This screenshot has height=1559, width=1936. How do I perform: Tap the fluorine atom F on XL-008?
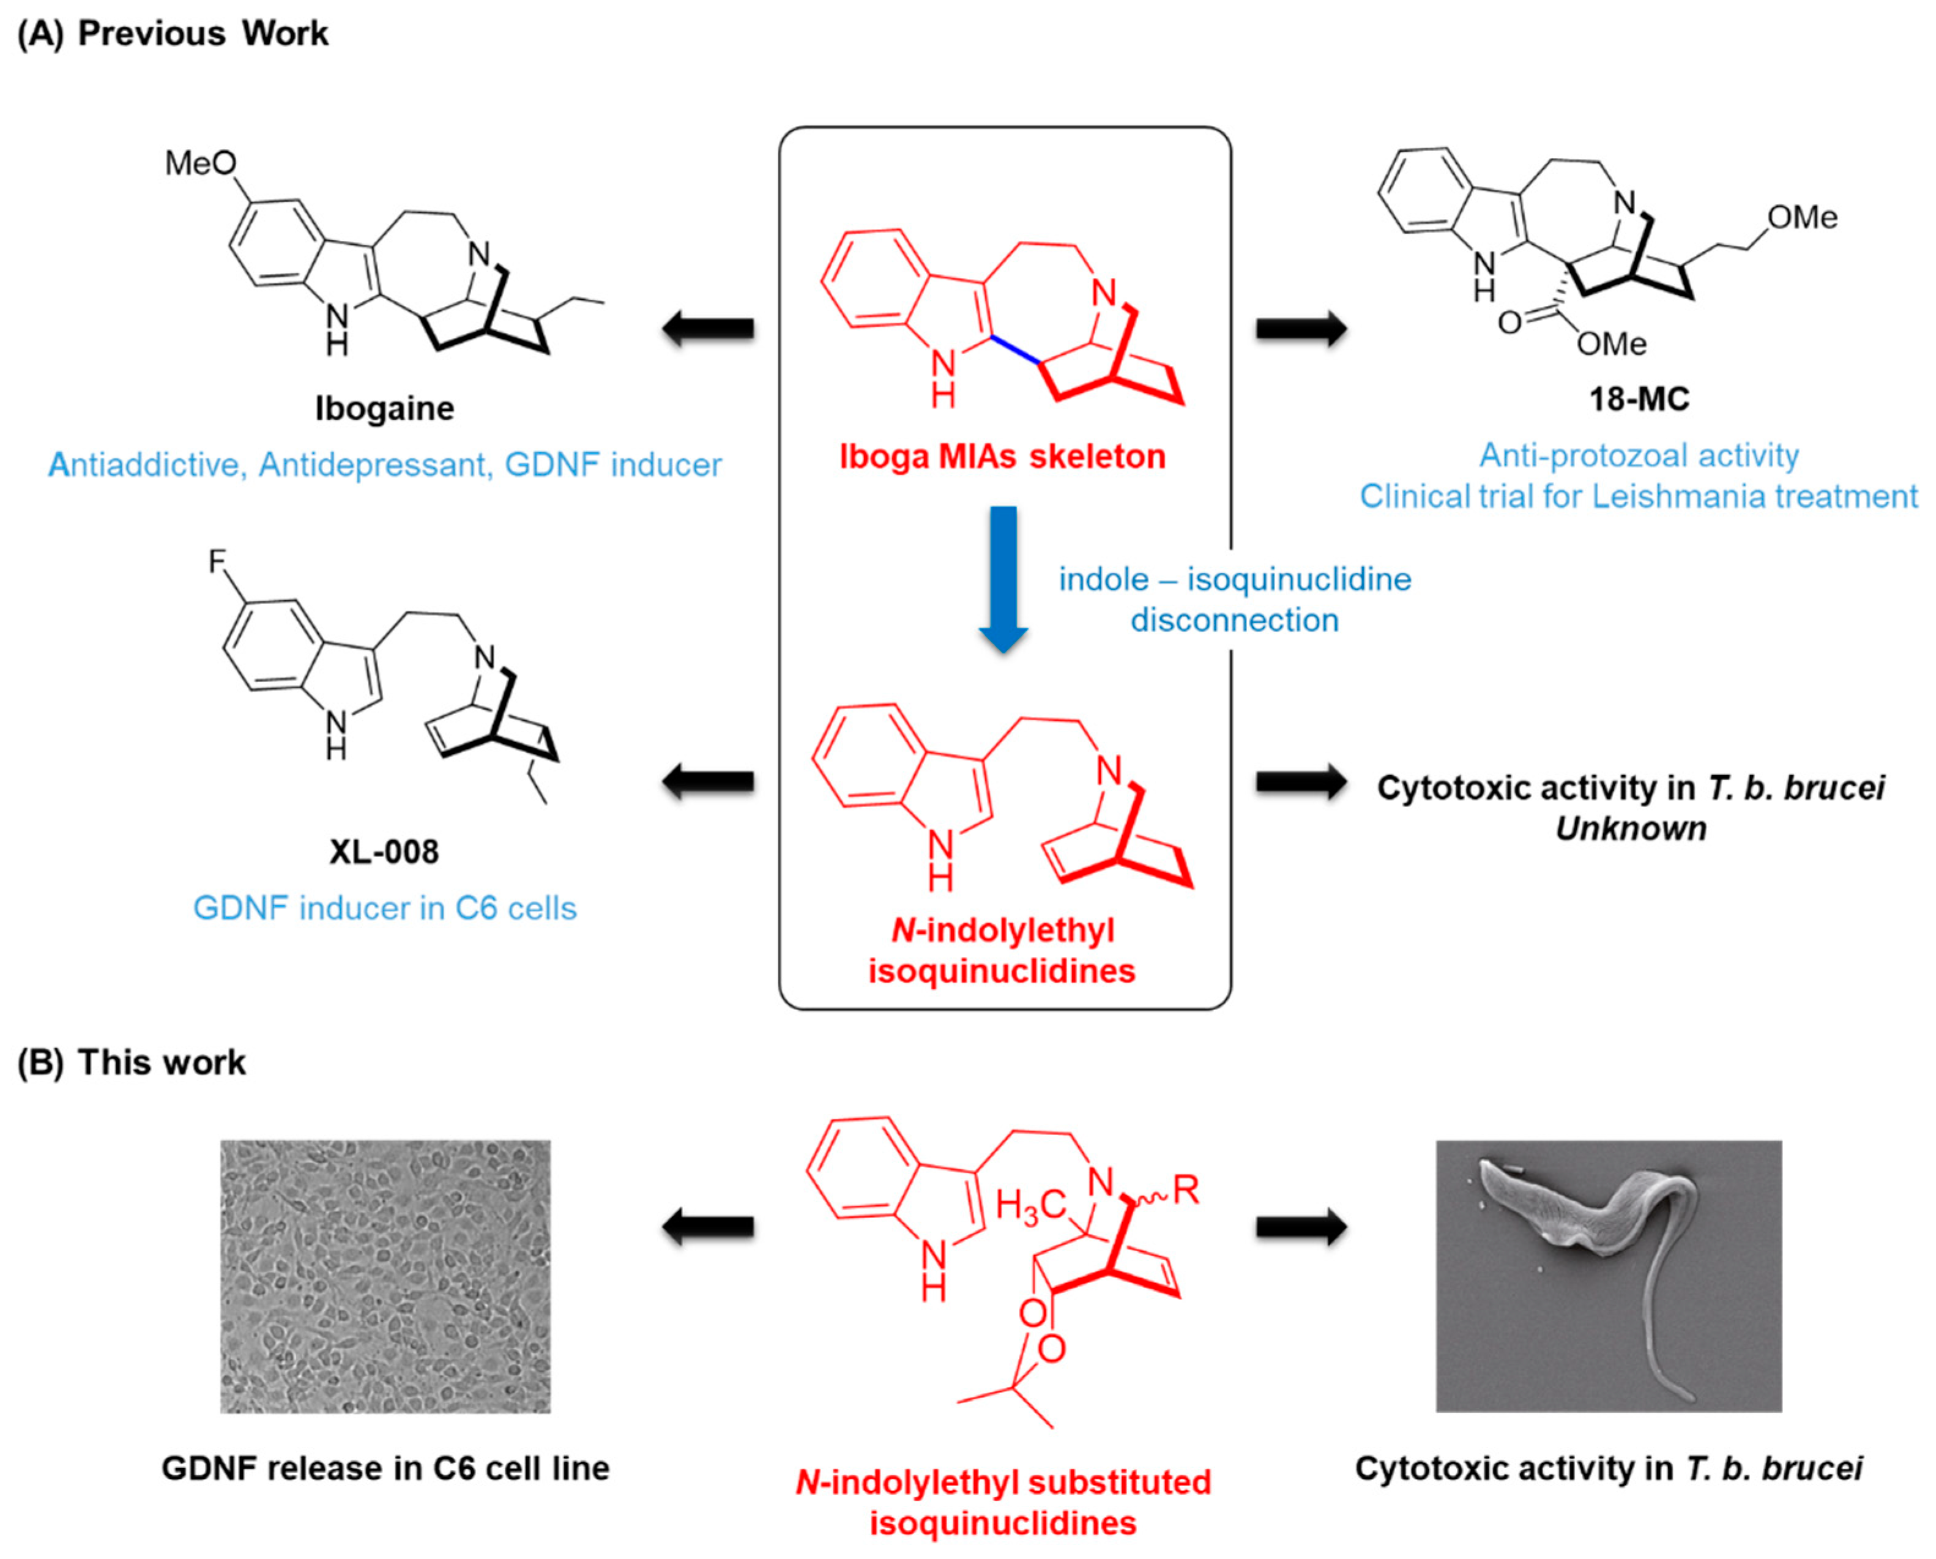217,562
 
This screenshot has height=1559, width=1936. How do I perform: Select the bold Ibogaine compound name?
384,409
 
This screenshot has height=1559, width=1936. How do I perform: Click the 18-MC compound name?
1639,399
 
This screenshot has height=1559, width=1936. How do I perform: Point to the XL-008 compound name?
384,851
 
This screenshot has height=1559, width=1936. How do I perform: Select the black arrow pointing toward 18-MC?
1301,329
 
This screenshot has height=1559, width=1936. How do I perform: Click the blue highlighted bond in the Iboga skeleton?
1016,349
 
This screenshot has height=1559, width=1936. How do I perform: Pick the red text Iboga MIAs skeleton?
1002,457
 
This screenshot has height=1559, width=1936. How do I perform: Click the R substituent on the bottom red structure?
1186,1191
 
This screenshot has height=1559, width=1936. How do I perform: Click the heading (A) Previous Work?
173,33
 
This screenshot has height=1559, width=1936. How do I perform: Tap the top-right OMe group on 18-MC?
1801,217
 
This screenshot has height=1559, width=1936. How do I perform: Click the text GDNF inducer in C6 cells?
384,908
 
